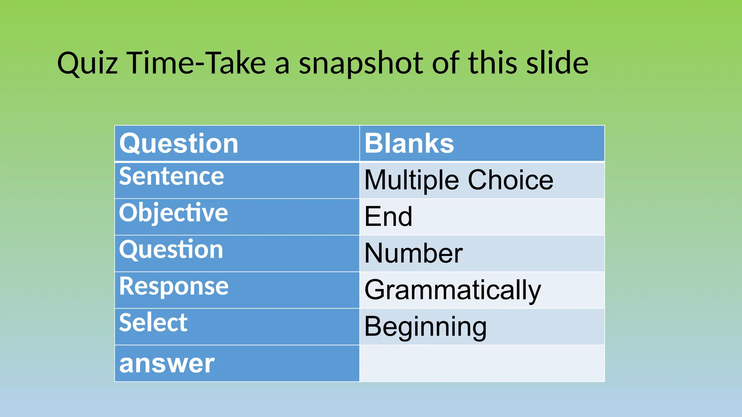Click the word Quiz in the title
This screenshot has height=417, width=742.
[87, 63]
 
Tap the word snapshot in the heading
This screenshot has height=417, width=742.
[361, 63]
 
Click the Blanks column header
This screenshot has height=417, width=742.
[409, 143]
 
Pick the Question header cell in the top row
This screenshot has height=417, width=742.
[179, 143]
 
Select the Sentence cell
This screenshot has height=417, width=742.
[171, 176]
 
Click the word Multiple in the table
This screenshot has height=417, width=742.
[412, 180]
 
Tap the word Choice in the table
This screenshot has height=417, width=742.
[510, 180]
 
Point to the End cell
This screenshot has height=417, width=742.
[388, 216]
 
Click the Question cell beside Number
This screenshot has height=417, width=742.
[171, 249]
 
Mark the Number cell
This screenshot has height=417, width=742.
[413, 253]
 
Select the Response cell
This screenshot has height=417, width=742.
[174, 286]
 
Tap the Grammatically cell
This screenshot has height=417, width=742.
[453, 290]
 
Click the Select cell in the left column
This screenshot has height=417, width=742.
[153, 323]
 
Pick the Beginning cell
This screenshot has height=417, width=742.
[425, 327]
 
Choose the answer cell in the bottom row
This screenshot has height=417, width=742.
[167, 363]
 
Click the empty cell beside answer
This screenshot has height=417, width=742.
[482, 363]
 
